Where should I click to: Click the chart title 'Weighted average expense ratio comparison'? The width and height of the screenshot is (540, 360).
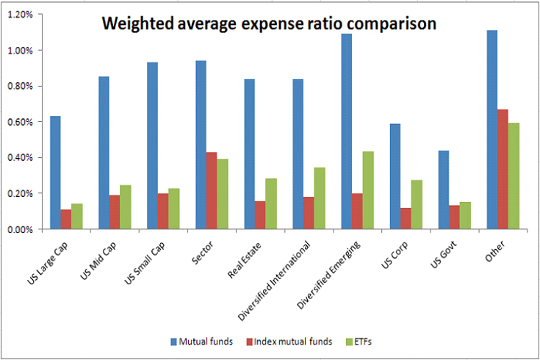[x=269, y=24]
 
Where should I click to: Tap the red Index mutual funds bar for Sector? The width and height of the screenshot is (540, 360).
[x=212, y=190]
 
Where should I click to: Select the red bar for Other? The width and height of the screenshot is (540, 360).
[x=502, y=169]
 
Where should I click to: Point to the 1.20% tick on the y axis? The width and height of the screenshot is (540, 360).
[x=20, y=15]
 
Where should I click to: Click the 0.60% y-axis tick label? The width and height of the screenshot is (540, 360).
[x=20, y=122]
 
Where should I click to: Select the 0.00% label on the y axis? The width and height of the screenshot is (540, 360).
[x=20, y=229]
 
